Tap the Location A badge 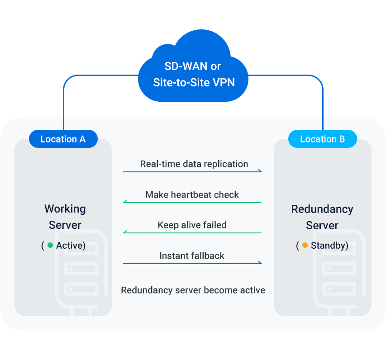(63, 139)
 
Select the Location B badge (322, 139)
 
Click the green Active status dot (50, 246)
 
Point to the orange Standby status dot (305, 246)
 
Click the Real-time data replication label (194, 164)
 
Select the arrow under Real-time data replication (192, 172)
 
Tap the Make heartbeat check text (192, 195)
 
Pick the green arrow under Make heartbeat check (192, 202)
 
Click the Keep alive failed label (192, 225)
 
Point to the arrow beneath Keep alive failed (192, 232)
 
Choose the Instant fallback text (192, 256)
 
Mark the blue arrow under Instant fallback (192, 263)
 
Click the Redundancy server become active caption (193, 290)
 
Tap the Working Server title (65, 217)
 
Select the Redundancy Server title (322, 217)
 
